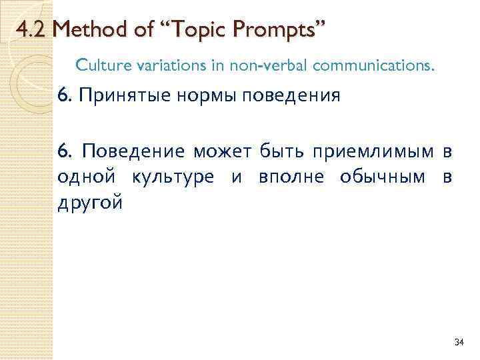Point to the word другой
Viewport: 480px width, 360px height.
90,203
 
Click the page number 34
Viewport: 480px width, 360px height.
457,342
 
